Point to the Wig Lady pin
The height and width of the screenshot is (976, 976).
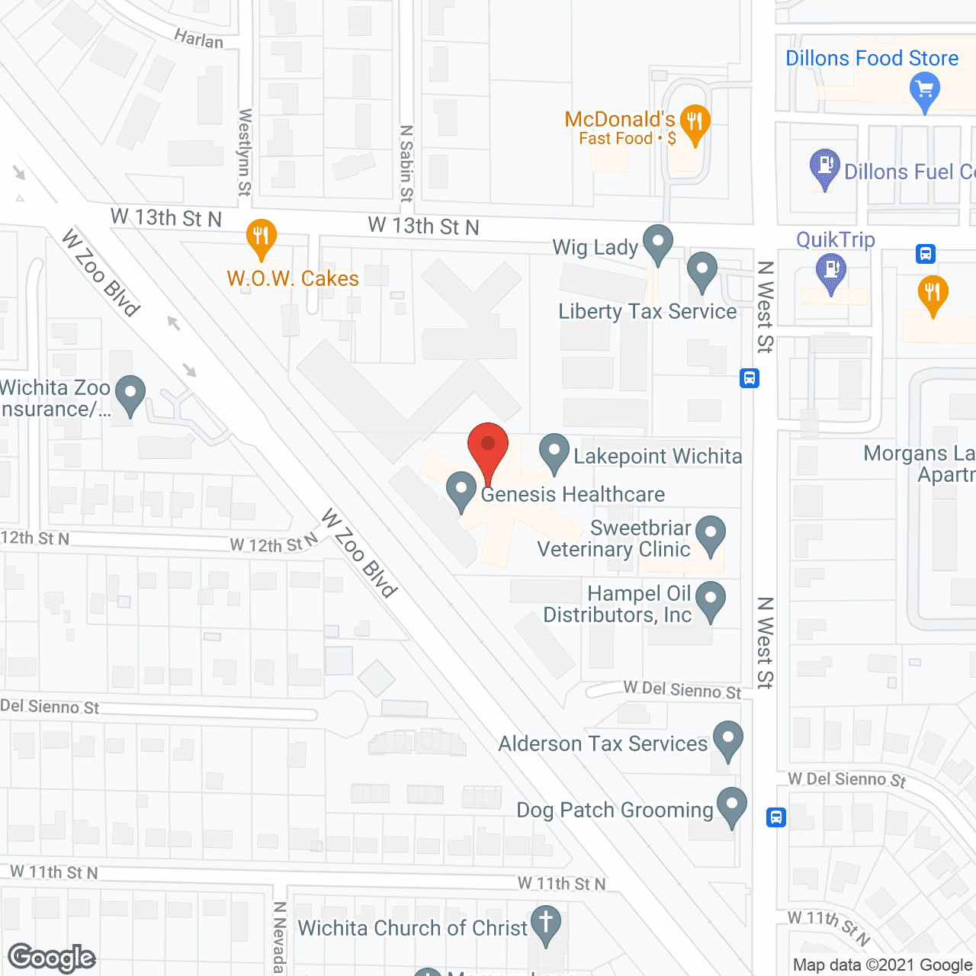coord(657,244)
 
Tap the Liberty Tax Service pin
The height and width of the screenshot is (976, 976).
coord(701,271)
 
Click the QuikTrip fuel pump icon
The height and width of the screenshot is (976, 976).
coord(831,271)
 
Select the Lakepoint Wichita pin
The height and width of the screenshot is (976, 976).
coord(554,453)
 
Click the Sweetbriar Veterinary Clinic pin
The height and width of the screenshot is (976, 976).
coord(711,535)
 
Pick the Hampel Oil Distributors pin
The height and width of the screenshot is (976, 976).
coord(711,600)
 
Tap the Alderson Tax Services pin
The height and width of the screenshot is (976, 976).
coord(728,740)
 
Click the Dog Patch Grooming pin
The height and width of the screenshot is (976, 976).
coord(732,806)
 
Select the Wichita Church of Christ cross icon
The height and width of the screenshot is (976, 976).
coord(546,923)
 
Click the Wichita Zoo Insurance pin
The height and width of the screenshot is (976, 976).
coord(130,394)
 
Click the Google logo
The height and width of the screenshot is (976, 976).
coord(52,958)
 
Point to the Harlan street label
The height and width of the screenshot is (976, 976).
coord(198,39)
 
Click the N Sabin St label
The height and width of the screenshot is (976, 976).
coord(406,163)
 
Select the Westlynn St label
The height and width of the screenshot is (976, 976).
coord(245,152)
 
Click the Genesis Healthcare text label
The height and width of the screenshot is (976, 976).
coord(573,494)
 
